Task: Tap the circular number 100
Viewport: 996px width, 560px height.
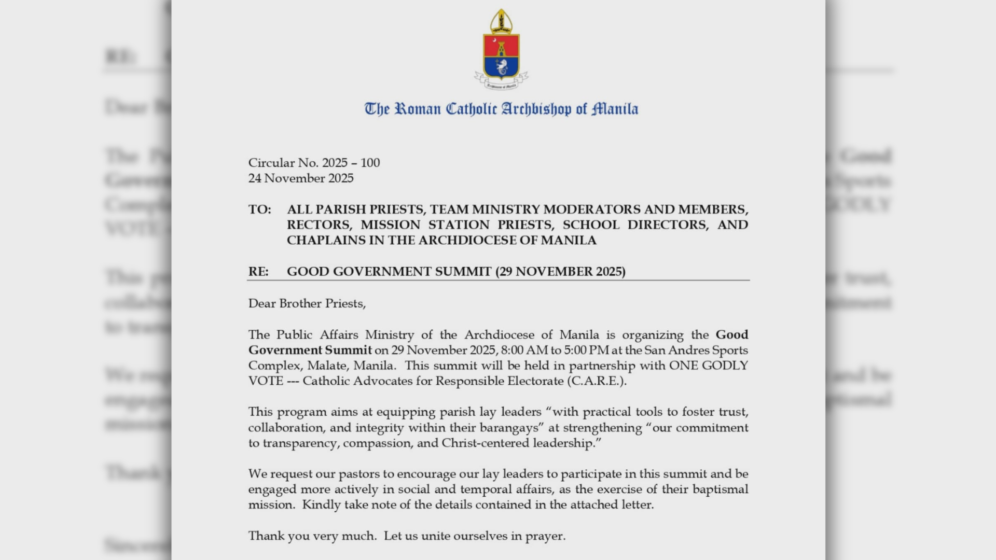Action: [370, 163]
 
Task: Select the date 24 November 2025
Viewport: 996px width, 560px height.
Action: [301, 178]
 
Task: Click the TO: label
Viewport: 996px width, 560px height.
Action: [259, 209]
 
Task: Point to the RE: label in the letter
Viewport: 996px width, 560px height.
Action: [258, 272]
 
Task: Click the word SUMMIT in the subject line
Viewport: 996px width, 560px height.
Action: [463, 272]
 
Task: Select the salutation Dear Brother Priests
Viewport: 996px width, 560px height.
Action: [307, 303]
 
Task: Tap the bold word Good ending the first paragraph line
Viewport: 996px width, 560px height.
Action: [732, 334]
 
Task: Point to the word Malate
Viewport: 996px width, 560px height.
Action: [327, 366]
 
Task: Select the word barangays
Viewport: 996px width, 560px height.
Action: [515, 428]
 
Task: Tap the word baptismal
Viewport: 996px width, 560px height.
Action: [722, 489]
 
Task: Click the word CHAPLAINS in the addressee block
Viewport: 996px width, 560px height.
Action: [325, 241]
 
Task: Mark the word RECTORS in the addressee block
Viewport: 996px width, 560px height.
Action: [319, 225]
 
